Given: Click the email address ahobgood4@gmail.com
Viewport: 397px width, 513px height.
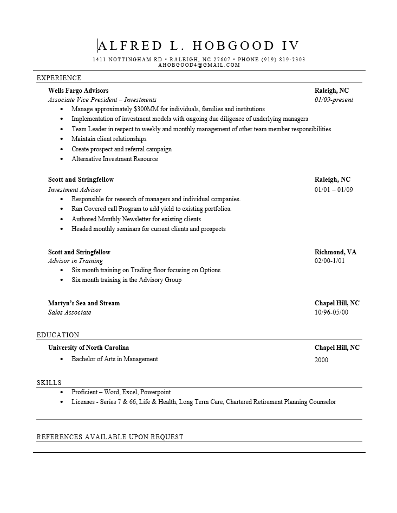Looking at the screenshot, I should [199, 65].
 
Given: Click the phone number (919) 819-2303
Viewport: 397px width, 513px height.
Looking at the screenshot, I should [283, 59].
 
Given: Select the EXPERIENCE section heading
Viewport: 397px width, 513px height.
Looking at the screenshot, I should [59, 78].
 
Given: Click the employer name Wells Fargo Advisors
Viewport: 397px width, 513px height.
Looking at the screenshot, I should [78, 91].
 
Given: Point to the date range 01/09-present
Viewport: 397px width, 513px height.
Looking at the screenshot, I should [334, 100].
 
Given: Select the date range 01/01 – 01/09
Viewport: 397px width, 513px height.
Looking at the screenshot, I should [334, 190].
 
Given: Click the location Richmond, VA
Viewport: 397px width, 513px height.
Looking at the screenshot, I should [335, 252].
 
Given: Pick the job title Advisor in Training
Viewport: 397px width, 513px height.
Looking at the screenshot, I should [75, 261].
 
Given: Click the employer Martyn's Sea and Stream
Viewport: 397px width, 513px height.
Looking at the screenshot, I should [84, 303].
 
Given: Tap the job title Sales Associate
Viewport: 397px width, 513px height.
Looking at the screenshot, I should [69, 312].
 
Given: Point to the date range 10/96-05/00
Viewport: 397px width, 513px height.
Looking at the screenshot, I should [331, 312].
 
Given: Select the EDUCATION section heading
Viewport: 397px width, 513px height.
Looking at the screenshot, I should [58, 335].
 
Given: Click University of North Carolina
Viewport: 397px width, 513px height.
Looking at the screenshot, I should [88, 348].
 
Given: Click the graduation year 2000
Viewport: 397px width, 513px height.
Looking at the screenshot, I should [321, 360].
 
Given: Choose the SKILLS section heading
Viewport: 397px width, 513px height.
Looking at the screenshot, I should [49, 383].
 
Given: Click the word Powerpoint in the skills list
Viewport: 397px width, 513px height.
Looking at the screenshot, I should [155, 392].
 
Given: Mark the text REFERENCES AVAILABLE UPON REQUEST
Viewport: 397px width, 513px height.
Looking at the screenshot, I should [110, 437].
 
